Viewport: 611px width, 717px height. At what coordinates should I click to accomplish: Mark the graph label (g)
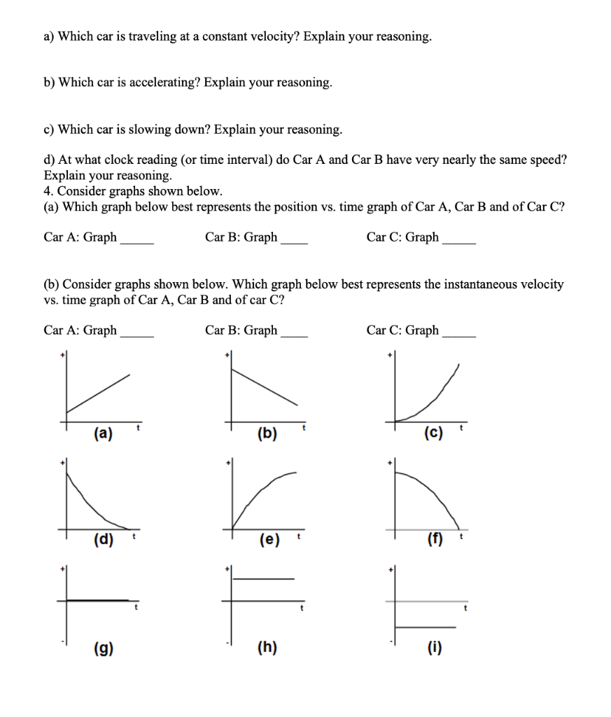point(102,648)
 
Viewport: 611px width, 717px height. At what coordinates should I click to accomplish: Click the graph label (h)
point(267,648)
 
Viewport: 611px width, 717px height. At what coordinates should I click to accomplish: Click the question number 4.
point(47,190)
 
